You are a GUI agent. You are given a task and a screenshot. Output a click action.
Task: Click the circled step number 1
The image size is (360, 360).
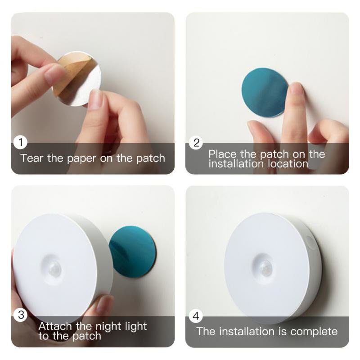[x=21, y=143]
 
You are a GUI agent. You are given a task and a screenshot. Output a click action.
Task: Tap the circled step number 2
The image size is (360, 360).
[x=196, y=143]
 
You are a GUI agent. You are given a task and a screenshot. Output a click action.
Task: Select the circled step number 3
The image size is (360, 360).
[x=21, y=315]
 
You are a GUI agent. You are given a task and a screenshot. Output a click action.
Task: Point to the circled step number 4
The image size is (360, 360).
[x=196, y=316]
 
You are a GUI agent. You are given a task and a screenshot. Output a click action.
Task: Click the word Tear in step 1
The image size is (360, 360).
[x=32, y=158]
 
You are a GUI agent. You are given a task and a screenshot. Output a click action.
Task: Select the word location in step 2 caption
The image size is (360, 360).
[x=288, y=164]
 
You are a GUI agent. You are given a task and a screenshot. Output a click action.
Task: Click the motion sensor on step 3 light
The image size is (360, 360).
[x=54, y=267]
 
